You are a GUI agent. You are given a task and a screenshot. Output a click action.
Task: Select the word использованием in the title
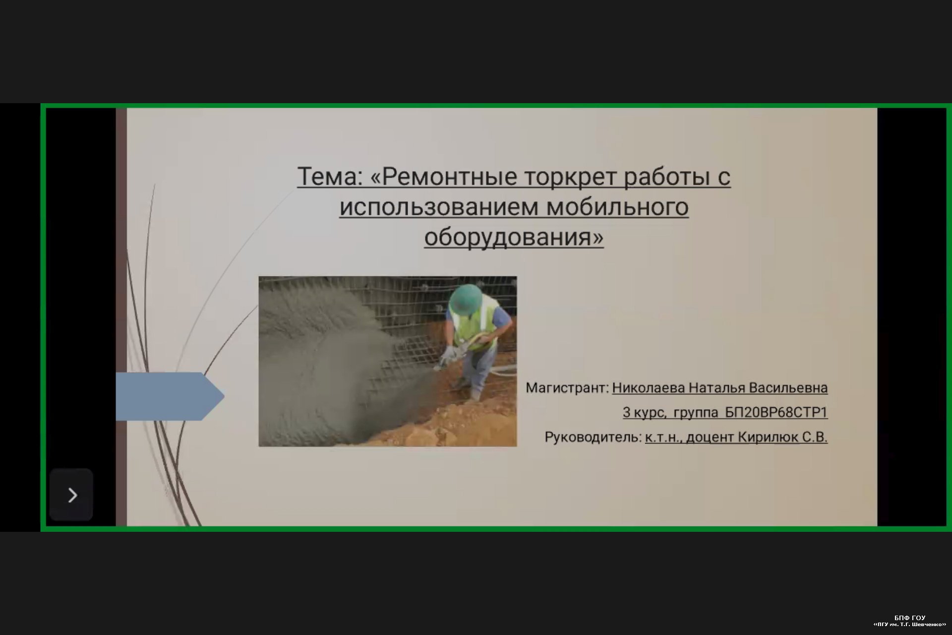439,207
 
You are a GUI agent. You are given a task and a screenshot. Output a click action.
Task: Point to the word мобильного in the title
617,207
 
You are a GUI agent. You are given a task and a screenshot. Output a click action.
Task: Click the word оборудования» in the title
514,237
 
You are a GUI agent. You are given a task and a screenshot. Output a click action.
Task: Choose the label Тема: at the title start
330,177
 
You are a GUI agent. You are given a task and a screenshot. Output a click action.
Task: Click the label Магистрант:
567,388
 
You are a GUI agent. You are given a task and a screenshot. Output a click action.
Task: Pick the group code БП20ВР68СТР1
776,413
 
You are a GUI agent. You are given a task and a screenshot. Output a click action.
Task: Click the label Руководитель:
593,438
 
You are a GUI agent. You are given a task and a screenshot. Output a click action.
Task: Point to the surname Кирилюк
768,438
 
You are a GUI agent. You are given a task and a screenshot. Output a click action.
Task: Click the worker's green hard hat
466,299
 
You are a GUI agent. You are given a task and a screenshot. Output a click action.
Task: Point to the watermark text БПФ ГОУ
910,618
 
